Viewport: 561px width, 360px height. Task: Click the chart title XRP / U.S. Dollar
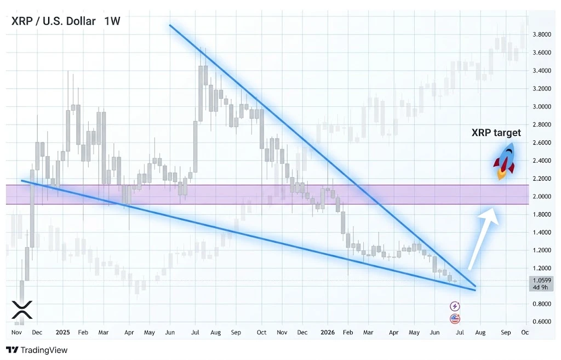click(53, 21)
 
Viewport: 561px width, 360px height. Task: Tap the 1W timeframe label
click(112, 21)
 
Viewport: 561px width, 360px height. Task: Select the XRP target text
click(496, 133)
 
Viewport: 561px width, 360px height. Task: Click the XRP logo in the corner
click(22, 310)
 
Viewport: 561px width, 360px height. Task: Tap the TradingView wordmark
click(37, 350)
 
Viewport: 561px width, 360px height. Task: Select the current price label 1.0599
click(542, 281)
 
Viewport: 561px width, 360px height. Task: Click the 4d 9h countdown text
click(541, 287)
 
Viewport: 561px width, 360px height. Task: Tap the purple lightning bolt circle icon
click(455, 306)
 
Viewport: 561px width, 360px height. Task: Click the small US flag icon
click(455, 318)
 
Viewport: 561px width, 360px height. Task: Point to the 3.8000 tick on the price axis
click(542, 35)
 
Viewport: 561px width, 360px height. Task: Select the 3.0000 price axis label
click(542, 107)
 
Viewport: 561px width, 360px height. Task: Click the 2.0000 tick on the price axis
click(542, 197)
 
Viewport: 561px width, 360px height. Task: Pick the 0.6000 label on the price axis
click(542, 322)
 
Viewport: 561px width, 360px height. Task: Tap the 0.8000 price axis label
click(542, 304)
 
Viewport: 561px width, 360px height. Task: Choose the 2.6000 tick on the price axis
click(542, 142)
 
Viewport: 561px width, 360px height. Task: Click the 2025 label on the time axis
click(62, 332)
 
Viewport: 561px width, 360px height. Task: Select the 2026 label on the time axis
click(328, 332)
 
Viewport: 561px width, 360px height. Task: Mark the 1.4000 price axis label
click(542, 232)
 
